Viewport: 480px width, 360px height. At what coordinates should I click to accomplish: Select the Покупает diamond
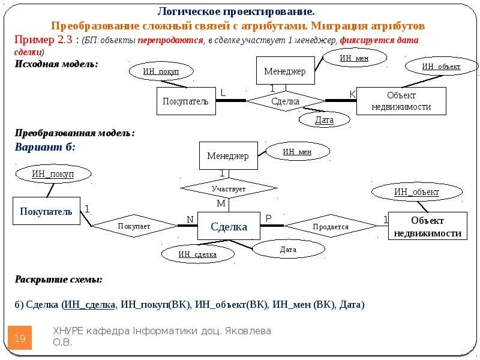[x=134, y=226]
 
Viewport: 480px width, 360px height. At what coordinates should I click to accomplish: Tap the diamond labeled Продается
[x=331, y=226]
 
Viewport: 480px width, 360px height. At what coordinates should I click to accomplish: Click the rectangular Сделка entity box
[x=229, y=227]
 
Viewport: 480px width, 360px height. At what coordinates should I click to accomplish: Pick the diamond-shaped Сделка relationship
[x=285, y=101]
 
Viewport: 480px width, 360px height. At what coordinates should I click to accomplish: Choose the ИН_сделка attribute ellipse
[x=197, y=254]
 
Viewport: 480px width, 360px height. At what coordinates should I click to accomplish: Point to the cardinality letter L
[x=223, y=92]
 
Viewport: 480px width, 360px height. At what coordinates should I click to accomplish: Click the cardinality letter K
[x=352, y=94]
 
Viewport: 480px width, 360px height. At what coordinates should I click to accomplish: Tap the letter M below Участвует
[x=221, y=203]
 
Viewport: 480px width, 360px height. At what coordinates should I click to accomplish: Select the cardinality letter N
[x=190, y=219]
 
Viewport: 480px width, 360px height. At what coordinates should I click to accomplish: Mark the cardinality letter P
[x=268, y=218]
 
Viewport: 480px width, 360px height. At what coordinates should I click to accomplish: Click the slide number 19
[x=19, y=340]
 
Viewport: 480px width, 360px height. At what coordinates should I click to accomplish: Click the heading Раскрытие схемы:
[x=58, y=279]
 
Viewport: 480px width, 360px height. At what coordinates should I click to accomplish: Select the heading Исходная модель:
[x=56, y=64]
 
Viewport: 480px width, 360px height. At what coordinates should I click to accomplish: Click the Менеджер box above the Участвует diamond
[x=228, y=156]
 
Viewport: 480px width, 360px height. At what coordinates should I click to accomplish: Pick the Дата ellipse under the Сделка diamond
[x=324, y=120]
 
